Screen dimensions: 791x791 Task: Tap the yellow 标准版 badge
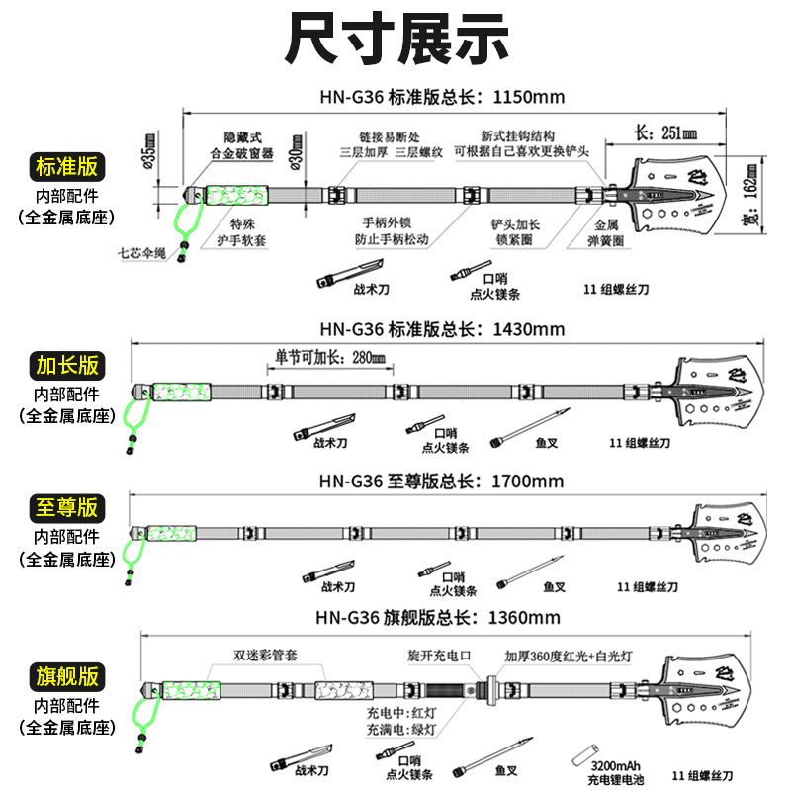67,166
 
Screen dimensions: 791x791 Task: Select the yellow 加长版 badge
67,365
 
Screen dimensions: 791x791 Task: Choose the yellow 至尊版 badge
67,508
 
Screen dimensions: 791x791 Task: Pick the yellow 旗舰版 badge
67,677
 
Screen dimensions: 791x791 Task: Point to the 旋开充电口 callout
439,656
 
